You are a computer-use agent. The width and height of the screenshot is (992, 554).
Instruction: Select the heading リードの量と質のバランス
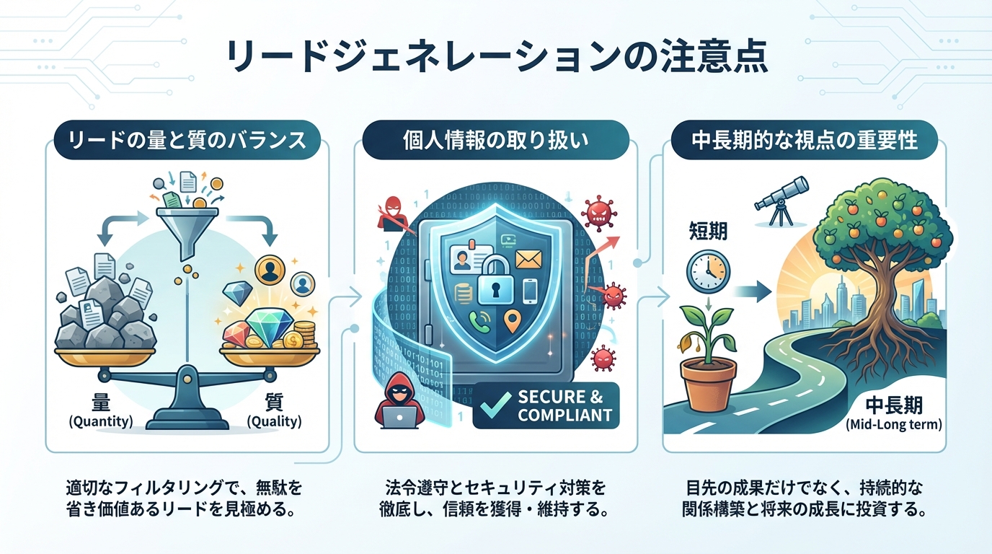185,141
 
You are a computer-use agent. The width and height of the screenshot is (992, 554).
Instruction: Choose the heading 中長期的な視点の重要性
805,141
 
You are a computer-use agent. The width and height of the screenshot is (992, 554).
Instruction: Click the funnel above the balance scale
185,226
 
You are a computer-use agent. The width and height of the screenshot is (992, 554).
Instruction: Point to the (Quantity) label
100,422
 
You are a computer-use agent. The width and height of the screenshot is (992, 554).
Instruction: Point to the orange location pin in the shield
511,320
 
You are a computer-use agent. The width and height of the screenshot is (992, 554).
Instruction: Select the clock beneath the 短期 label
708,271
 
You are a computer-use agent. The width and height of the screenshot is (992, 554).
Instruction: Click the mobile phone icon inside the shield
530,289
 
